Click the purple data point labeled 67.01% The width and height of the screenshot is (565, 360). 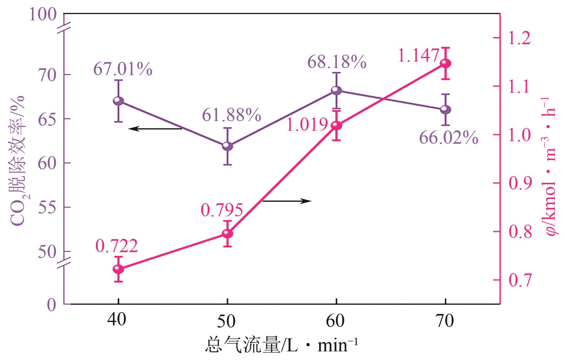118,101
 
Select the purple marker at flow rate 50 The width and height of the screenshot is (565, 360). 228,146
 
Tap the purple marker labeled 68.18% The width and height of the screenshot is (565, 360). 336,91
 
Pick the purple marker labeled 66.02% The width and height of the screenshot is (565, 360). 445,109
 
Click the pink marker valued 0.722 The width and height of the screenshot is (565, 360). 118,269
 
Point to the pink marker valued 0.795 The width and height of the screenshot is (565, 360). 228,234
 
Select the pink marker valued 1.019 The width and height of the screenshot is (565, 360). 336,125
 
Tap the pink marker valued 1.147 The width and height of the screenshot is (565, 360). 445,64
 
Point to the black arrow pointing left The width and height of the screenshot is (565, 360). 155,129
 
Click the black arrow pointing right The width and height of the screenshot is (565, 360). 287,201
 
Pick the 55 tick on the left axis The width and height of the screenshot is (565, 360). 47,208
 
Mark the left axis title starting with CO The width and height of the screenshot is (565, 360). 18,161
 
